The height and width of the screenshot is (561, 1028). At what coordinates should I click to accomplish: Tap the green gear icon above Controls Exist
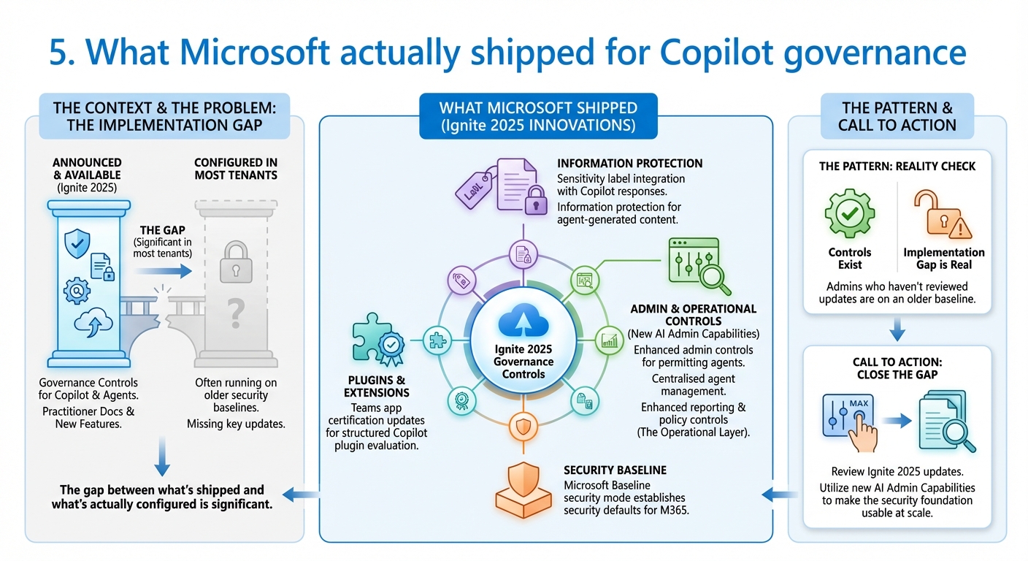[849, 214]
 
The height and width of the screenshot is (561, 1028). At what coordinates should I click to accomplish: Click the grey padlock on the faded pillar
[235, 260]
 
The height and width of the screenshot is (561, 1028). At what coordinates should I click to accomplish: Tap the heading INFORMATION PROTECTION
[629, 164]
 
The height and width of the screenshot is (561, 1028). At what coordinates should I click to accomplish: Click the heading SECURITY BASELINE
[615, 470]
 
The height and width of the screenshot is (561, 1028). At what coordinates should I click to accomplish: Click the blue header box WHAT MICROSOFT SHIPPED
[537, 116]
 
